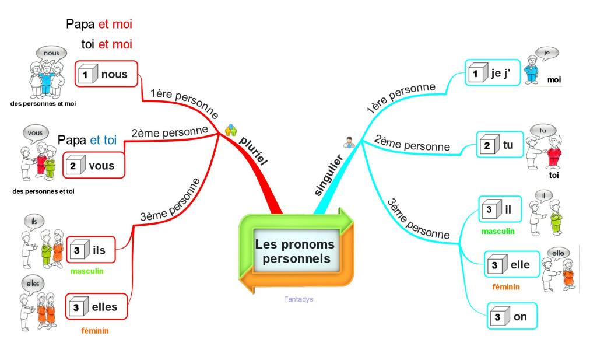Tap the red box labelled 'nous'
106,74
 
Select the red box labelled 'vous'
94,166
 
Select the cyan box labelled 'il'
498,209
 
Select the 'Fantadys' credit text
299,299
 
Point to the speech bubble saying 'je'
546,53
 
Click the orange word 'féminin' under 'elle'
506,286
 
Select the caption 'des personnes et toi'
43,191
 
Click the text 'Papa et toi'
87,140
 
